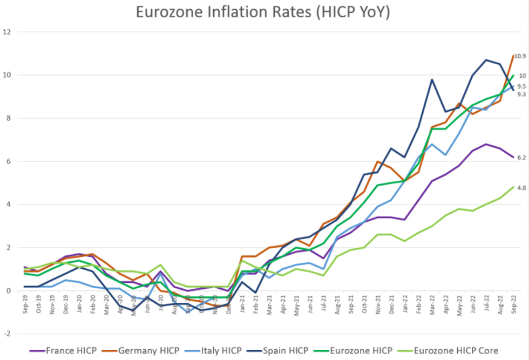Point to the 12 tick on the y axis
[6, 32]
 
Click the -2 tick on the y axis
[6, 334]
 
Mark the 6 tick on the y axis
[8, 161]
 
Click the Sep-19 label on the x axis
[25, 306]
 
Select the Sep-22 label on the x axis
[513, 306]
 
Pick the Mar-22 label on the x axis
[432, 306]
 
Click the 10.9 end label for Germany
[520, 56]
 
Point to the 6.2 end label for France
[521, 158]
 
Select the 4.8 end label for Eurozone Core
[521, 188]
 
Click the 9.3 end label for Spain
[521, 94]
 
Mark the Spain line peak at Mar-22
[432, 79]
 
